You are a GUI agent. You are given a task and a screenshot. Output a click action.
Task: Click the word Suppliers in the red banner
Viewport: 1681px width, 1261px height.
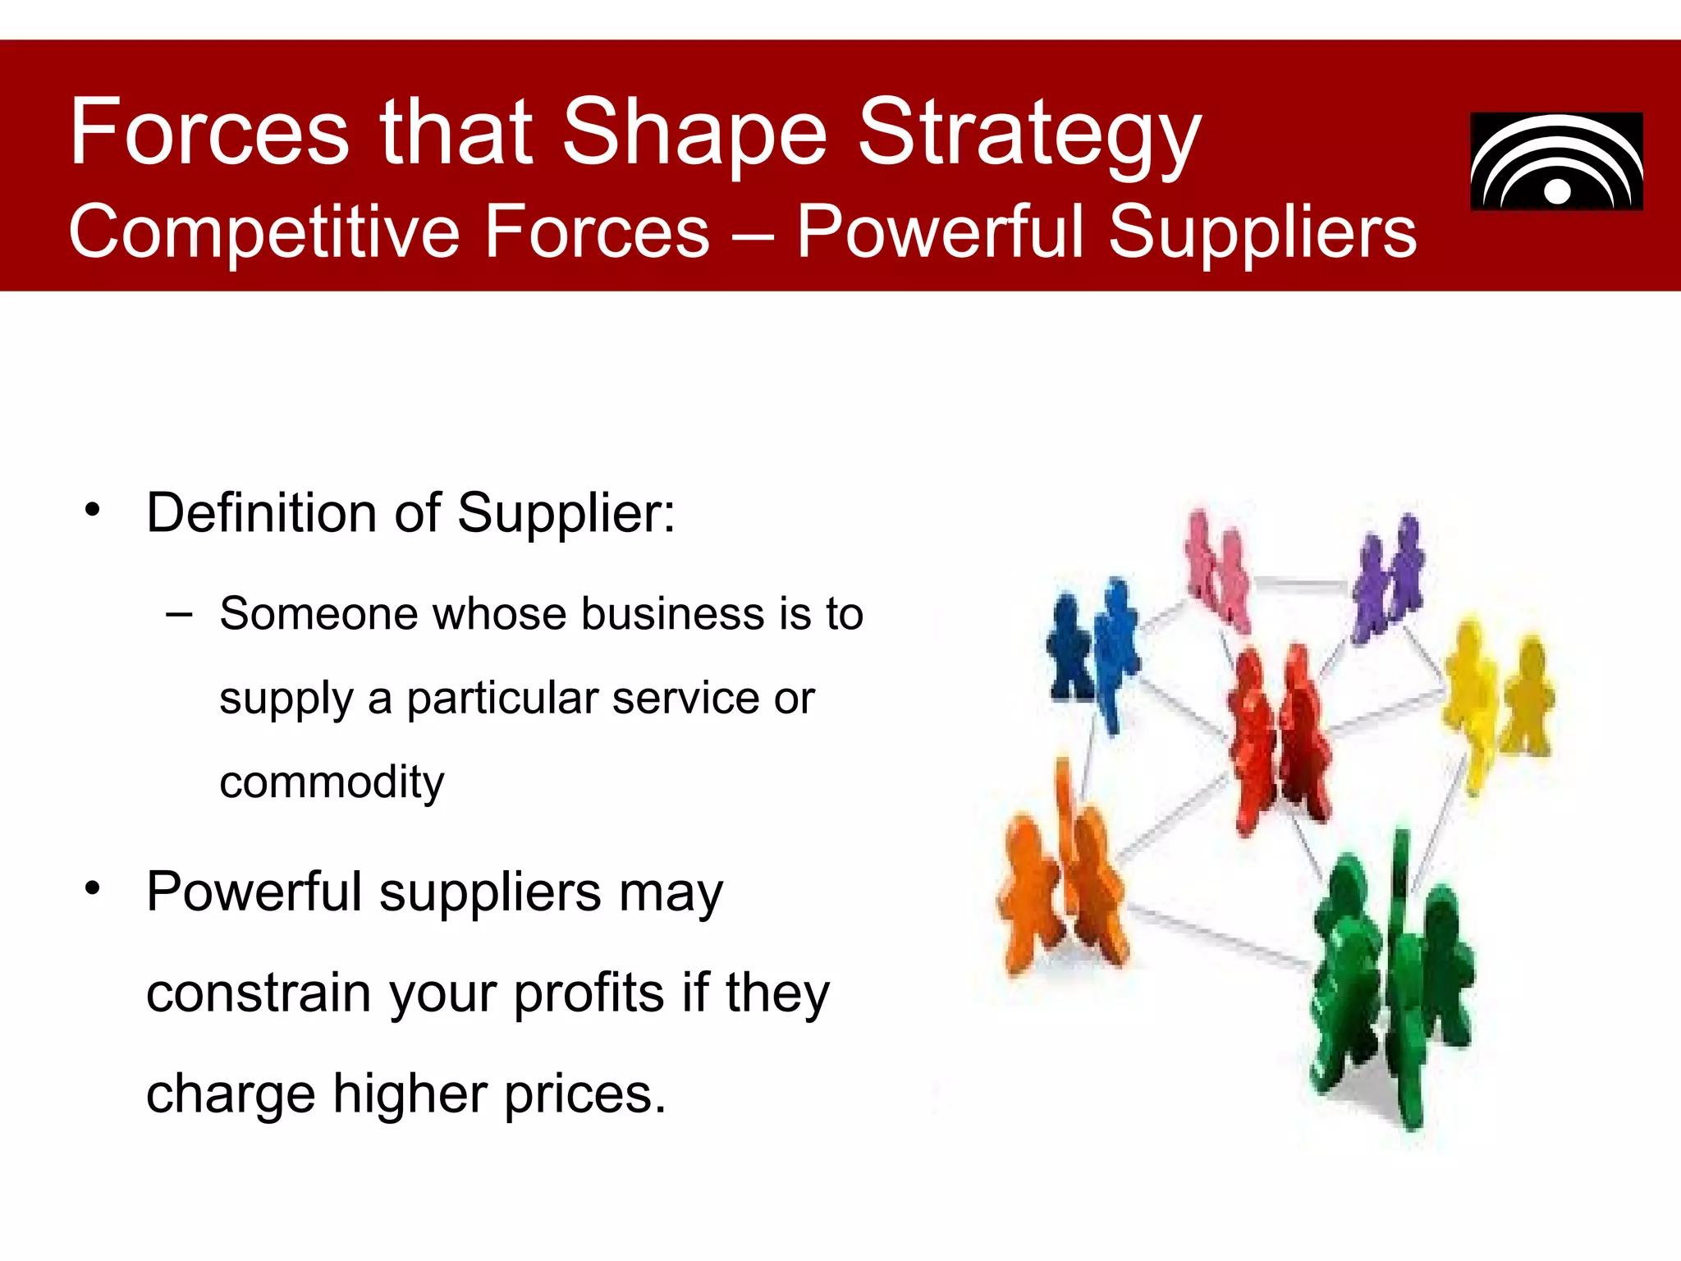click(x=1262, y=232)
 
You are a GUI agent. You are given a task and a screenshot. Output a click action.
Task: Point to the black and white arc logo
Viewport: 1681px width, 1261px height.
click(x=1556, y=162)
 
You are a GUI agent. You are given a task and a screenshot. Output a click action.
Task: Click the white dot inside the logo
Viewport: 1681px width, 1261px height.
click(x=1557, y=191)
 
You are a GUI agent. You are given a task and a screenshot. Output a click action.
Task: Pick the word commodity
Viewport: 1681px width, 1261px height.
click(x=332, y=782)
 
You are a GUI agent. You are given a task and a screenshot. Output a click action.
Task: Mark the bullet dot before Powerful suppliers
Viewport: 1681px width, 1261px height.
click(x=93, y=888)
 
